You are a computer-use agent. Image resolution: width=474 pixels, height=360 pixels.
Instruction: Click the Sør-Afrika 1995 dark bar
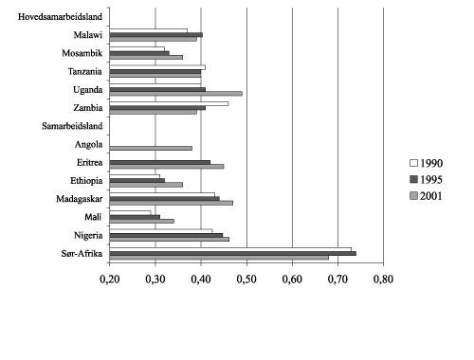[x=232, y=253]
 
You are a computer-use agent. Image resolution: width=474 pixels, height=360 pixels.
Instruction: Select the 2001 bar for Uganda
[x=175, y=93]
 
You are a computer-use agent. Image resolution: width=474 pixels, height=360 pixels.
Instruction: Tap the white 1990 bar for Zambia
[x=169, y=103]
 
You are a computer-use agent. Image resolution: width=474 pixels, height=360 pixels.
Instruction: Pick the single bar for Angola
[x=151, y=147]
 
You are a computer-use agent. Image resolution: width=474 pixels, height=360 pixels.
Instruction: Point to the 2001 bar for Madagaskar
[x=171, y=202]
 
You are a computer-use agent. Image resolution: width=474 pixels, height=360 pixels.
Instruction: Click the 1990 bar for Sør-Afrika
[x=230, y=248]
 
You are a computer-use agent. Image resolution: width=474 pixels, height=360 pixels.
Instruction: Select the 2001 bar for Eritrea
[x=166, y=166]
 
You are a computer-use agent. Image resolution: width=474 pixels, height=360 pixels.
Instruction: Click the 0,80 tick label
[x=383, y=279]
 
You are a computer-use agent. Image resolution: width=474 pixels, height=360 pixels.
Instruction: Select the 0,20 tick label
[x=110, y=279]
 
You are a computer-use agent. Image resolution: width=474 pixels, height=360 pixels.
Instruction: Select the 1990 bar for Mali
[x=130, y=212]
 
